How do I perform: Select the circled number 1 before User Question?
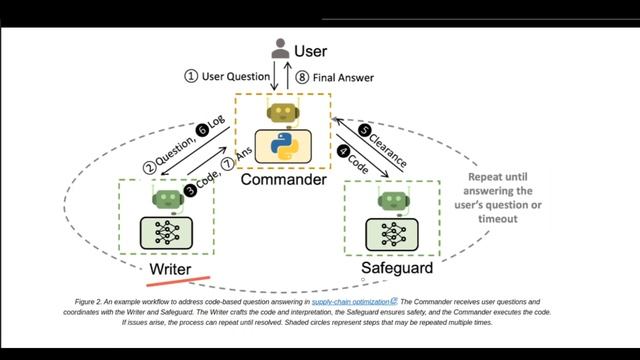pos(190,76)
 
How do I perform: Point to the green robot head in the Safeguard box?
pos(390,199)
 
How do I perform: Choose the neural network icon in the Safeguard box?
pos(390,235)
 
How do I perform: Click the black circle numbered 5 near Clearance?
pos(365,128)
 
